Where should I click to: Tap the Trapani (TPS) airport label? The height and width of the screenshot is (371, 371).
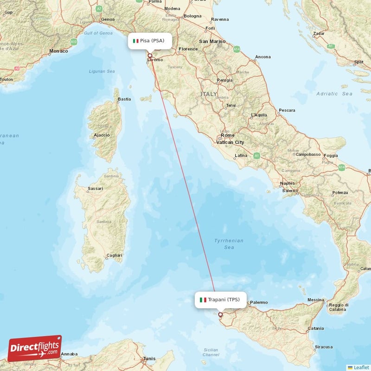tap(220, 300)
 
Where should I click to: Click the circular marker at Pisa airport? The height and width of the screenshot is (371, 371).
tap(150, 56)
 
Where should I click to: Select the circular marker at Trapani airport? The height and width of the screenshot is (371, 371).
tap(220, 314)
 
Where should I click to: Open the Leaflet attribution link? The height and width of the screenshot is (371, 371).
tap(361, 367)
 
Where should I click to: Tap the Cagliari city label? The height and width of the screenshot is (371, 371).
tap(114, 255)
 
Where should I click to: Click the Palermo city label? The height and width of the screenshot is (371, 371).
tap(258, 302)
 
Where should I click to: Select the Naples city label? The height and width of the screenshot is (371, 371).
tap(288, 184)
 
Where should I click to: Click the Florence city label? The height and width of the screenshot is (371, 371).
tap(188, 49)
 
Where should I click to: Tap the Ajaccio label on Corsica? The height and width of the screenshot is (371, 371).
tap(102, 135)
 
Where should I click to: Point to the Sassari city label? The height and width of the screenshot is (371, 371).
tap(95, 189)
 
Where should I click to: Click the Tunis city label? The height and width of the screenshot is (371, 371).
tap(149, 358)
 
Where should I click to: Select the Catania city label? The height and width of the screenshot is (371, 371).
tap(315, 328)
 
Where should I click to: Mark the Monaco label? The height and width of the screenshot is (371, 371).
tap(58, 51)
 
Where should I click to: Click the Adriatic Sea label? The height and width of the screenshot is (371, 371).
tap(334, 94)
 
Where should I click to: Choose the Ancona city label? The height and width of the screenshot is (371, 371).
tap(262, 57)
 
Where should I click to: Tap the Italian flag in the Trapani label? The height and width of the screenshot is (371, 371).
tap(203, 300)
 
